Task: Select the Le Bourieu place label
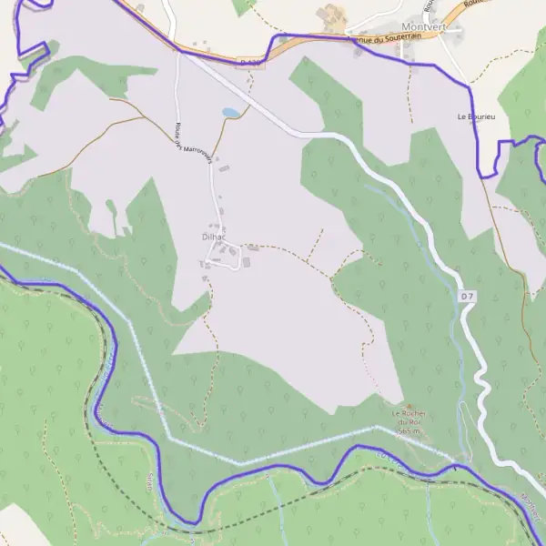476,117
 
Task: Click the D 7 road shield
467,296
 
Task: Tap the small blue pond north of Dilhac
232,113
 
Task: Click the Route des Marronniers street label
193,143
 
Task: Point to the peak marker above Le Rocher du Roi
408,407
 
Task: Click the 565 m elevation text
409,430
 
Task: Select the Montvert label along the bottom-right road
531,507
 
